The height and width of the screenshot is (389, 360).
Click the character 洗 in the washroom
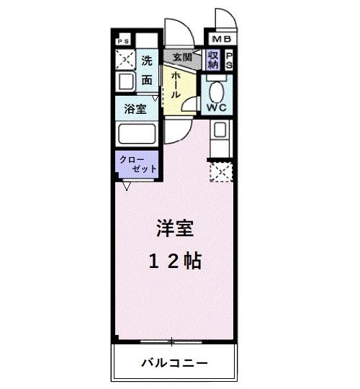pyautogui.click(x=147, y=61)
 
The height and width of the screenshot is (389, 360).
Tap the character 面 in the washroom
pyautogui.click(x=147, y=80)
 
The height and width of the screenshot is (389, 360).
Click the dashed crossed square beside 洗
pyautogui.click(x=125, y=60)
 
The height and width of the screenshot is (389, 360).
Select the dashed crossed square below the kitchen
pyautogui.click(x=220, y=172)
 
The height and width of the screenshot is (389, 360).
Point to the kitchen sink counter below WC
pyautogui.click(x=220, y=137)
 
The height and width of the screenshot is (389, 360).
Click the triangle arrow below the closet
pyautogui.click(x=127, y=186)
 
